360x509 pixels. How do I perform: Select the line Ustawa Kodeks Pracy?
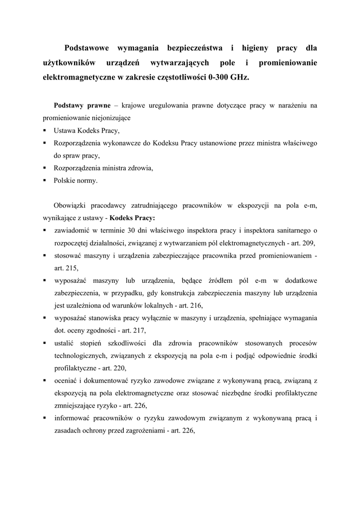click(87, 131)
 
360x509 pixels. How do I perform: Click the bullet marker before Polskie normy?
click(44, 180)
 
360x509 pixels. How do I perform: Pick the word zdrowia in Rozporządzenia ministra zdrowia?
click(141, 168)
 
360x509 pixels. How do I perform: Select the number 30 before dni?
click(131, 231)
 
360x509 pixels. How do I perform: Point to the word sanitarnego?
click(291, 231)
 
